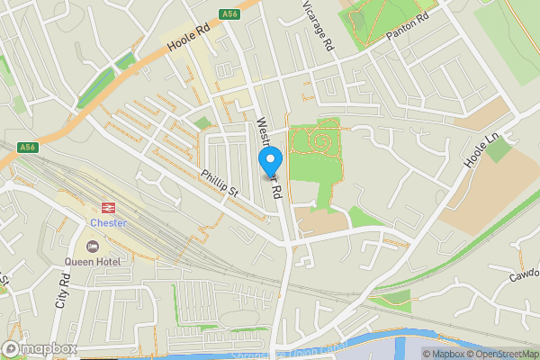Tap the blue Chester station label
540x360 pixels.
109,222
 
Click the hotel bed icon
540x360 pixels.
92,246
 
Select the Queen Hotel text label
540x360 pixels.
92,262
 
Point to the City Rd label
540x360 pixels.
63,293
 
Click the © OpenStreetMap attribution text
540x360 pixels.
501,354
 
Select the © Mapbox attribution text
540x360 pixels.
445,354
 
